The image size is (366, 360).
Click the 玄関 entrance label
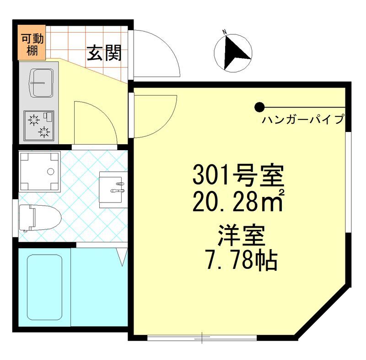click(x=104, y=54)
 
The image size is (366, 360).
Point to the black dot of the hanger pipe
click(x=259, y=108)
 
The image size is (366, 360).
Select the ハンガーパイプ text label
click(x=303, y=120)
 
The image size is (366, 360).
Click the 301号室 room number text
click(x=238, y=175)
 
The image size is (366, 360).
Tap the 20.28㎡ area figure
click(x=238, y=202)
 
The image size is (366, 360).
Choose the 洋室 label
click(x=241, y=238)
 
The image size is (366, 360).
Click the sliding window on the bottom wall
click(x=201, y=338)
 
